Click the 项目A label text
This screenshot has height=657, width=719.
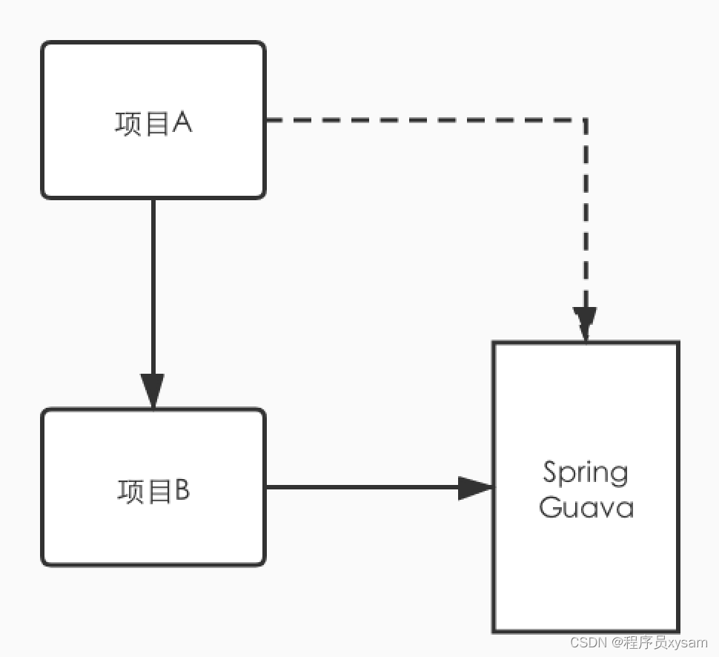pos(153,123)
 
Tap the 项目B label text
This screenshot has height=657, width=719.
pos(153,491)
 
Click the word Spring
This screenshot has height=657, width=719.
pos(585,473)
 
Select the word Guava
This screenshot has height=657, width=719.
pos(586,509)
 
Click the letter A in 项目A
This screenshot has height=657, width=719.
pos(182,123)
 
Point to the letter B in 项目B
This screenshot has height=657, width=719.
pos(182,490)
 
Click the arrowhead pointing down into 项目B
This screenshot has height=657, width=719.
pos(153,390)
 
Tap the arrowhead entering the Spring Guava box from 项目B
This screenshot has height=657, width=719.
pos(475,487)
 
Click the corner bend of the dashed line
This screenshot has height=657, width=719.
pos(586,119)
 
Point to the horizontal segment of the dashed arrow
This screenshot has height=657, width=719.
pos(423,119)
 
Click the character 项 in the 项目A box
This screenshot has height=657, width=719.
pos(128,124)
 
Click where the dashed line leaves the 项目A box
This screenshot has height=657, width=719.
pos(268,119)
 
